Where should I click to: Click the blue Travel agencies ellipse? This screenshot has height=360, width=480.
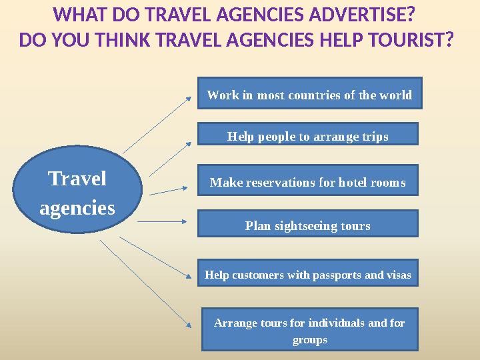(77, 191)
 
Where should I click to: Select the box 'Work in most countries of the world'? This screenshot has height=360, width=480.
(309, 95)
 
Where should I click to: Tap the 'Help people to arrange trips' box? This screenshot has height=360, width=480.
(307, 136)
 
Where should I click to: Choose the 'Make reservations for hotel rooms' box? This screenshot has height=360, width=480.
(307, 181)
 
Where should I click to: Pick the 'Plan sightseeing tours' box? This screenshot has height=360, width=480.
(307, 225)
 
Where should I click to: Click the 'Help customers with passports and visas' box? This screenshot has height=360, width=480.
(307, 274)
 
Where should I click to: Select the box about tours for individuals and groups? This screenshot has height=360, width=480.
(309, 331)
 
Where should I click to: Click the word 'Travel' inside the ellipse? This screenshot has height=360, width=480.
(77, 179)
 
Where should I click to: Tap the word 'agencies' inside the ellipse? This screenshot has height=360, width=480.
(77, 208)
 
